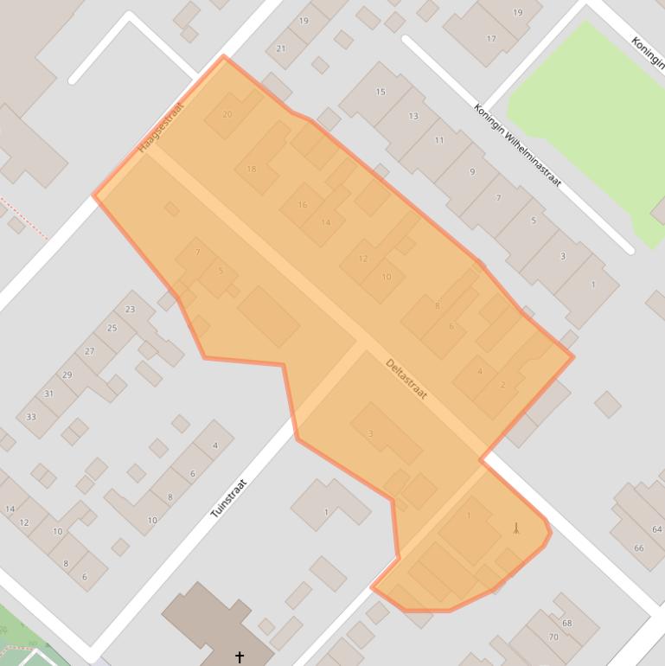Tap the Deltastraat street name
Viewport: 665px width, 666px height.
(406, 379)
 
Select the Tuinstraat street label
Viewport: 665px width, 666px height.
(229, 498)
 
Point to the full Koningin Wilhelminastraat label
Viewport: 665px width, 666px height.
(517, 145)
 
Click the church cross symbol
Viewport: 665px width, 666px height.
(240, 657)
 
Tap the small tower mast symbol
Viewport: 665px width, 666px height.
(516, 528)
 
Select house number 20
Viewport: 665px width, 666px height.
(227, 114)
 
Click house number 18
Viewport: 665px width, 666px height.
(252, 169)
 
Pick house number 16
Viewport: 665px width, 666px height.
(303, 205)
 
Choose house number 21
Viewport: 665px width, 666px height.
(281, 48)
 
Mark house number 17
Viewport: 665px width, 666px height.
(491, 39)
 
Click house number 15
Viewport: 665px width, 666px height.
(380, 92)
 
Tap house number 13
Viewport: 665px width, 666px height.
(413, 116)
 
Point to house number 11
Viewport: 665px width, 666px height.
(439, 140)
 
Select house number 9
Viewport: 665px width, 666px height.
(472, 172)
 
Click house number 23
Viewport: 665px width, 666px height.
(130, 309)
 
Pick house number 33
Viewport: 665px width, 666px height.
(31, 417)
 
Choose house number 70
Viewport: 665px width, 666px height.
(553, 637)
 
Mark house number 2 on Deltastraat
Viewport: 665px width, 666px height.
(502, 385)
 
